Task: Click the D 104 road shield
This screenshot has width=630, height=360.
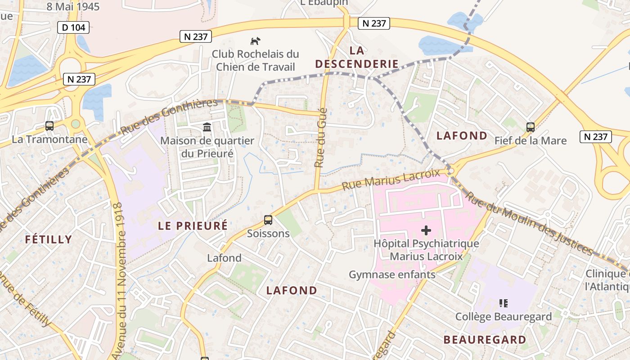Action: [73, 27]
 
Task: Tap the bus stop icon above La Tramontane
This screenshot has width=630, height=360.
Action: [49, 126]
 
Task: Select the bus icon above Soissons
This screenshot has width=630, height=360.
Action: [268, 220]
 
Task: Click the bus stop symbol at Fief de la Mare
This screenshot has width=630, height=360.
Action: [531, 127]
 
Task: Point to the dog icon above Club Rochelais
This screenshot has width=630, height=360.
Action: [255, 41]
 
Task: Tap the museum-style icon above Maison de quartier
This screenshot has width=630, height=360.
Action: [207, 127]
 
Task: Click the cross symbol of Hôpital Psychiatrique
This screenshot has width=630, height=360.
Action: [426, 231]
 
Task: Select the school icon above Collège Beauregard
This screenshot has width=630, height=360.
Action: [504, 303]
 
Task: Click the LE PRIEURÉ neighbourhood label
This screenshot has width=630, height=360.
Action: [193, 226]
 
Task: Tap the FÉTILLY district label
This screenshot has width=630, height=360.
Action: [49, 239]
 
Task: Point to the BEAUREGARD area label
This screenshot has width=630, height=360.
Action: [485, 340]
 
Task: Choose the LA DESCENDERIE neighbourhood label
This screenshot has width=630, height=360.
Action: [357, 57]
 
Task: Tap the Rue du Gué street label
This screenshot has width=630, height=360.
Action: [320, 137]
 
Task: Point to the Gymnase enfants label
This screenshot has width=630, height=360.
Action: [392, 274]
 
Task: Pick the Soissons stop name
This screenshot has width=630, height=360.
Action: [268, 234]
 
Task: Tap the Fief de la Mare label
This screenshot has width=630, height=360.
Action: [531, 141]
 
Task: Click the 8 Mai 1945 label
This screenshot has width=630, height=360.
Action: [73, 7]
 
